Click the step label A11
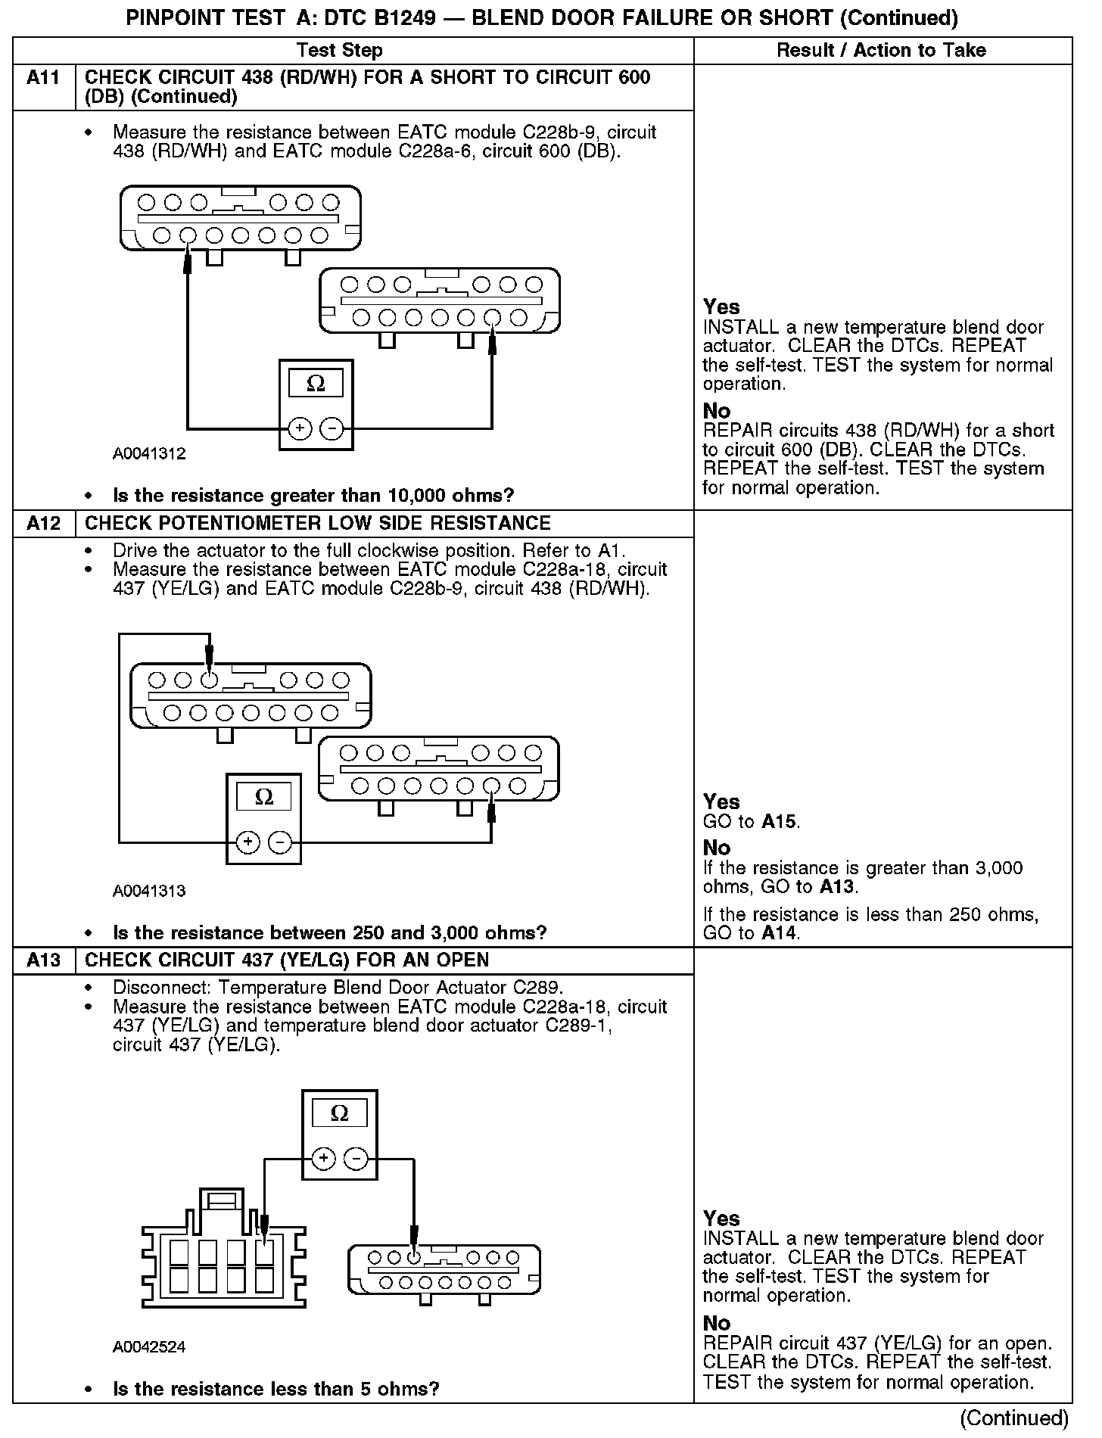[x=43, y=77]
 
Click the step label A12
[x=43, y=524]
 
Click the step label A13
[x=43, y=960]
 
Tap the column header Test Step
[x=340, y=51]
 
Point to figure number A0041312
[x=149, y=454]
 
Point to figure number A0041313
[x=149, y=891]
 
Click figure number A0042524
[x=149, y=1346]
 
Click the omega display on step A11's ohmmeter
[x=316, y=384]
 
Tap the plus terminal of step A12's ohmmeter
[x=248, y=842]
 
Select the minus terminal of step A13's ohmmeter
[x=356, y=1158]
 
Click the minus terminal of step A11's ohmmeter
[x=332, y=429]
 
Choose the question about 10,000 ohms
[x=313, y=496]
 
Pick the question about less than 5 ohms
[x=276, y=1389]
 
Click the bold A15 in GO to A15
[x=780, y=822]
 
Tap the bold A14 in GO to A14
[x=780, y=933]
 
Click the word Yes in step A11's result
[x=721, y=307]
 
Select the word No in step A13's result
[x=717, y=1323]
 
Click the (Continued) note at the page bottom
[x=1014, y=1418]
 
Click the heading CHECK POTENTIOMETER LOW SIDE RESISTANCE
[x=318, y=524]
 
